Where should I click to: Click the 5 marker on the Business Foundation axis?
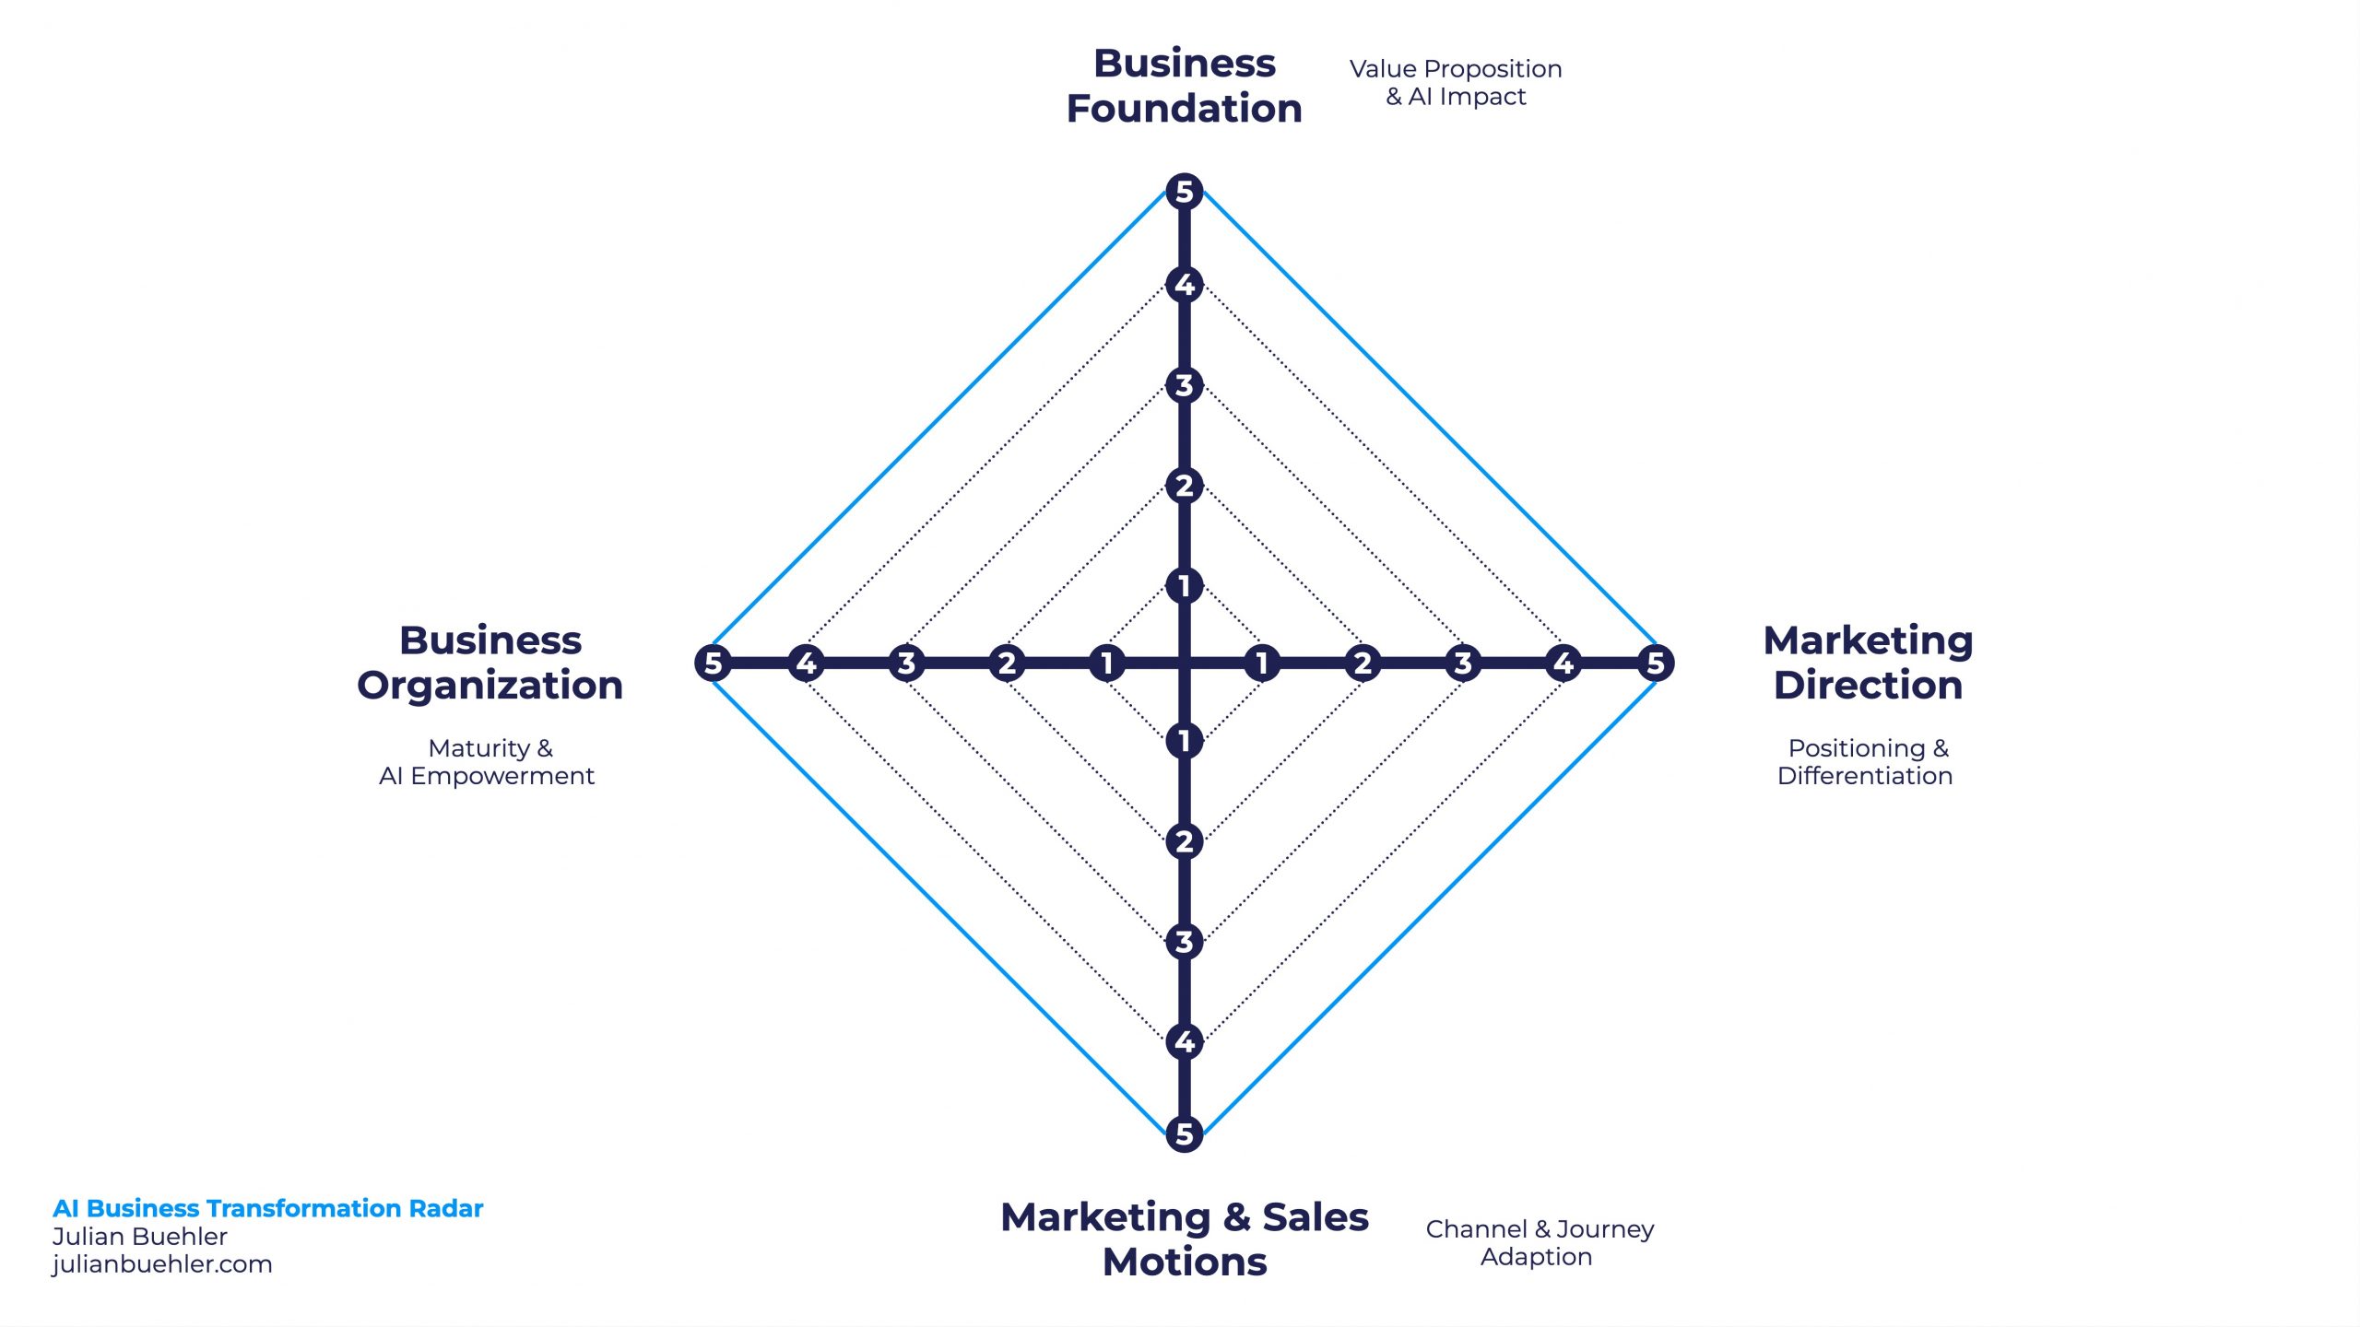coord(1185,192)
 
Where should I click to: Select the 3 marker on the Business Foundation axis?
coord(1185,385)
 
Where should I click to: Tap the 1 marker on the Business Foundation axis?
coord(1185,585)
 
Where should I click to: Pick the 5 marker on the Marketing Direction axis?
coord(1656,663)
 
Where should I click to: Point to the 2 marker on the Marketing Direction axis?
coord(1363,663)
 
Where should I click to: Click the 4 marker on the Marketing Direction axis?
coord(1563,663)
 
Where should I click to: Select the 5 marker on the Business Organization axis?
coord(713,663)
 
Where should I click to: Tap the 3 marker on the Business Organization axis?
coord(906,663)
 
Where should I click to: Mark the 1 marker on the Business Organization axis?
coord(1107,663)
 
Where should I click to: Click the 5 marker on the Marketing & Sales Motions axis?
coord(1185,1133)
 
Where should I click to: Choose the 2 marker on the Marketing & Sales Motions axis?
coord(1185,840)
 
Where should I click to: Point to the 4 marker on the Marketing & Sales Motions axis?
coord(1185,1041)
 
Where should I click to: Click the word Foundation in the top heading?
coord(1185,109)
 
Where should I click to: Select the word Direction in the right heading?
coord(1869,686)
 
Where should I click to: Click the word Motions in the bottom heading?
coord(1185,1262)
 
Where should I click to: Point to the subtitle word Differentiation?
coord(1865,776)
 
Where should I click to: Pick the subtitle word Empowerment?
coord(502,777)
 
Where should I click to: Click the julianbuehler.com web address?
coord(162,1264)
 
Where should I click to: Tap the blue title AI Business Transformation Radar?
coord(268,1208)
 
